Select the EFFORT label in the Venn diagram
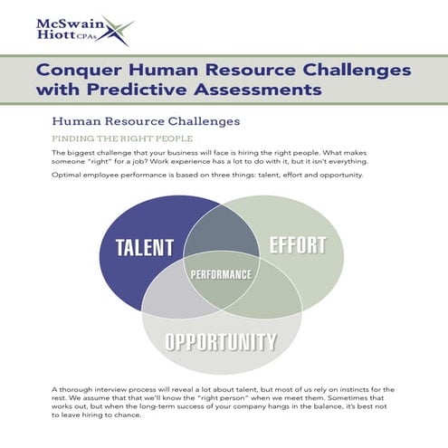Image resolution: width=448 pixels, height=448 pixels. (x=297, y=244)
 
